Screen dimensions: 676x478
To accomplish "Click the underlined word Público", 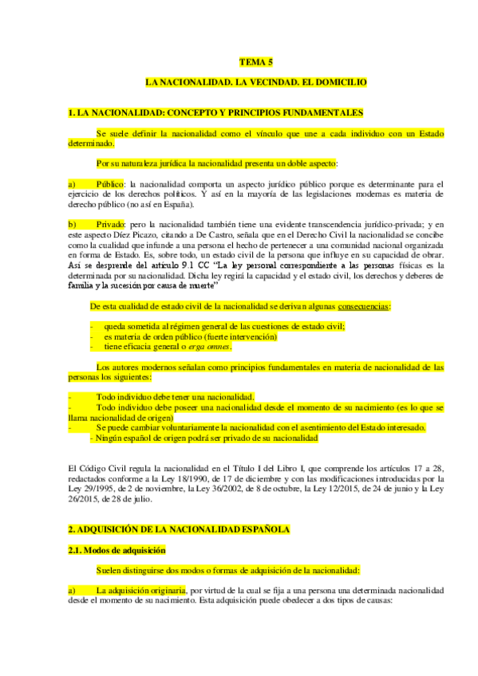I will (x=110, y=184).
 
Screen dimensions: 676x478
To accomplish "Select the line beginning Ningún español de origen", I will (x=204, y=438).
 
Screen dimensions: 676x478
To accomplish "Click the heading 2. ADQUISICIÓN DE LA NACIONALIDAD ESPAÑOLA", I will (x=179, y=529).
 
